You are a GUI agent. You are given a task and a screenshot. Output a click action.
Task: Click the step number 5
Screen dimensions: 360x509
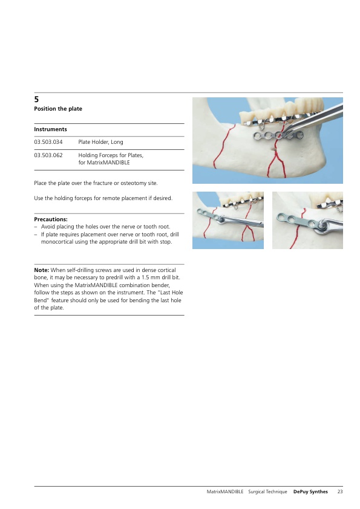[x=36, y=99]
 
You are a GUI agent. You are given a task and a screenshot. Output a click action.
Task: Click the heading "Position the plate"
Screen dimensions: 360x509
[x=58, y=109]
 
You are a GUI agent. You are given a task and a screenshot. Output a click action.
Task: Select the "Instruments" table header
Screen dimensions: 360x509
[x=50, y=129]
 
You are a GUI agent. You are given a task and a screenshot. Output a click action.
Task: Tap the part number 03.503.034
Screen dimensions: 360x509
[x=48, y=142]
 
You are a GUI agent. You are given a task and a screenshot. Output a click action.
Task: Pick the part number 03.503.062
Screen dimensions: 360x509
[x=48, y=155]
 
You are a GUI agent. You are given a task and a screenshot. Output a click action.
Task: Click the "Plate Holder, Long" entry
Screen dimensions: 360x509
[x=100, y=142]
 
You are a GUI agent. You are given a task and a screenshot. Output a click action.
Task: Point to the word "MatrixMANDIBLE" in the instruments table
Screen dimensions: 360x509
[x=108, y=163]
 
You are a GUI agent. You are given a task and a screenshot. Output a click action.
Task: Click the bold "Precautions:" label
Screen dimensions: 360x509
[x=51, y=219]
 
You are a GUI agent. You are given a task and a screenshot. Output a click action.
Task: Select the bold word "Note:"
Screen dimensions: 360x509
[x=42, y=270]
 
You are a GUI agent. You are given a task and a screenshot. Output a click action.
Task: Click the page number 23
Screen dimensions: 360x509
[x=340, y=492]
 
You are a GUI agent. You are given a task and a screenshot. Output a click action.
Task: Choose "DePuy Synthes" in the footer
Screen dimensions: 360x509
[x=310, y=492]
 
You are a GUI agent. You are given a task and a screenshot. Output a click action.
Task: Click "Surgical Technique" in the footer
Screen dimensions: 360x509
[x=267, y=492]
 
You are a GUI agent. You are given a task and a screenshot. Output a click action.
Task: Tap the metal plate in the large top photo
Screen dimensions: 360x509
[x=278, y=135]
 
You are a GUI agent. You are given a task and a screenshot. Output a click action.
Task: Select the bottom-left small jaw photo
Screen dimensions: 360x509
[x=228, y=221]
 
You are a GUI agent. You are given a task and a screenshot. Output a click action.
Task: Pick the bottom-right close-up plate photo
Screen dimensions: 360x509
[x=307, y=221]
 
